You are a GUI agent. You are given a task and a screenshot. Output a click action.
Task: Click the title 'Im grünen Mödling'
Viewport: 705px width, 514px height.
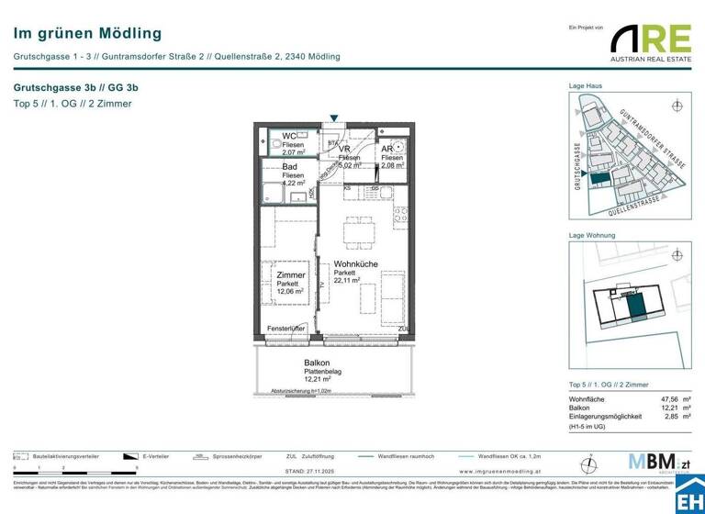87,34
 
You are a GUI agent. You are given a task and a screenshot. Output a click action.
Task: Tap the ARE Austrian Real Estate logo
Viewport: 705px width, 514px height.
651,44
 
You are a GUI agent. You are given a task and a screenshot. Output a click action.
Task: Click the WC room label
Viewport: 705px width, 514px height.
289,136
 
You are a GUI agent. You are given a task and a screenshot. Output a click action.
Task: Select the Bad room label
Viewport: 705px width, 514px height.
290,167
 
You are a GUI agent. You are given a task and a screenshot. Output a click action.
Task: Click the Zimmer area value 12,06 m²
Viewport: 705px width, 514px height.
290,292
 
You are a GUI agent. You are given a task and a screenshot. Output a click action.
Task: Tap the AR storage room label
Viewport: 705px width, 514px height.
387,148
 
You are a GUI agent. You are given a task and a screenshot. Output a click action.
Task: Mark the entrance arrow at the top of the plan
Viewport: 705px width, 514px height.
336,118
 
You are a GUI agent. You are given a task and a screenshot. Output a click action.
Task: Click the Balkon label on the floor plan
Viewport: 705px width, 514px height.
291,363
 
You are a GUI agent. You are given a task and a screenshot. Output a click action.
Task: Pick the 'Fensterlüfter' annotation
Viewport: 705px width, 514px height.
285,328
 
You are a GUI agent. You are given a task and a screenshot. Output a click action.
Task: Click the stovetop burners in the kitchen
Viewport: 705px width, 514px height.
400,218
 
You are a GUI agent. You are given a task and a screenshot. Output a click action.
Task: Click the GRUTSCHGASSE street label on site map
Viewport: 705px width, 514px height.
577,164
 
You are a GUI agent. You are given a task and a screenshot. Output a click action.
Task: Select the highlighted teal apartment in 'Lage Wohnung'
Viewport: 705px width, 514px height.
634,304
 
